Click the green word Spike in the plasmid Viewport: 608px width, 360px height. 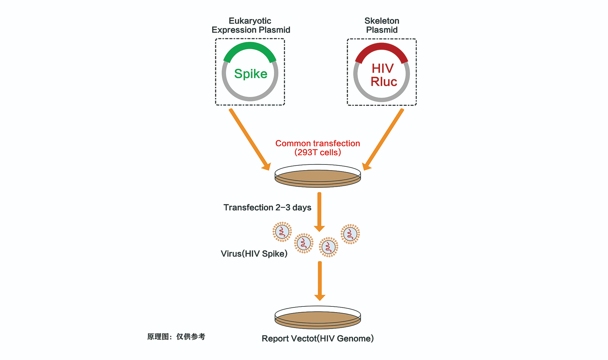pos(250,74)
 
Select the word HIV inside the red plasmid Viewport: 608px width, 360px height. pos(383,68)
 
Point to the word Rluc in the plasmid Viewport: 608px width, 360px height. pos(384,82)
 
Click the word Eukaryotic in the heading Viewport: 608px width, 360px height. pos(250,21)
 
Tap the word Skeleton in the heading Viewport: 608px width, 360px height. pos(382,21)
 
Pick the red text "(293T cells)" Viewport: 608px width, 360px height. pos(318,152)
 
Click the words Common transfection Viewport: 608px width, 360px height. pos(318,144)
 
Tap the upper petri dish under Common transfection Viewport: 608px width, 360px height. pos(318,176)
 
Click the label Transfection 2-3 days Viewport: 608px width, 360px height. pos(267,208)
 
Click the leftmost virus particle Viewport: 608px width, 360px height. pos(282,232)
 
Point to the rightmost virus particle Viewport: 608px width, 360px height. pos(350,234)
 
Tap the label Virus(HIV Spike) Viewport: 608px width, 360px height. pos(254,254)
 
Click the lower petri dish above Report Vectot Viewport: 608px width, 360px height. pos(318,318)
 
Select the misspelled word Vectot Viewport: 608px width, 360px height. pos(304,339)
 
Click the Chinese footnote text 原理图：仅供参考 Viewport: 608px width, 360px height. pos(176,337)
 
